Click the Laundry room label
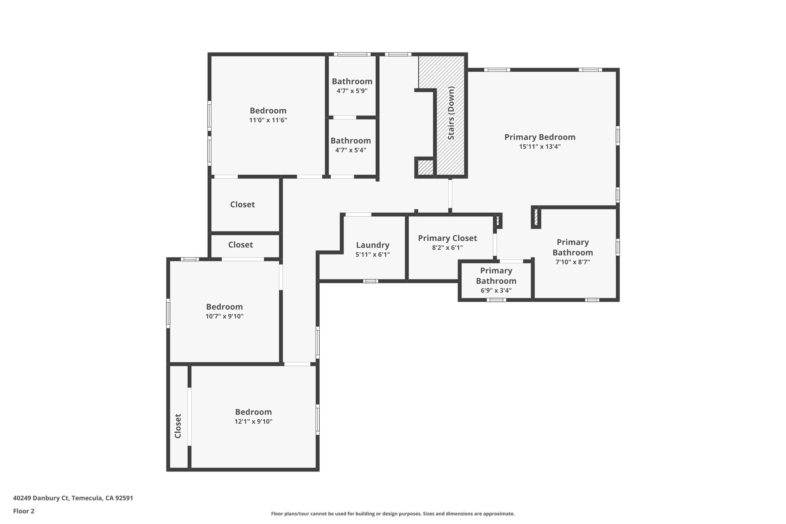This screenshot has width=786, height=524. coord(372,245)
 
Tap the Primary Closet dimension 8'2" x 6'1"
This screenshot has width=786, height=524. coord(447,248)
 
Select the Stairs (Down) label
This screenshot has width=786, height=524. coord(451,113)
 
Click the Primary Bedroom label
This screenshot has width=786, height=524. coord(540,137)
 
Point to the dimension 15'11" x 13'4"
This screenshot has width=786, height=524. coord(540,147)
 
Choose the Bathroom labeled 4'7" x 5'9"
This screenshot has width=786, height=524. coord(352,81)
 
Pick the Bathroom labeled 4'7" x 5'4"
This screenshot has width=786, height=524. coord(350,141)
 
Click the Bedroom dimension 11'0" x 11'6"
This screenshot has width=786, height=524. coord(268,120)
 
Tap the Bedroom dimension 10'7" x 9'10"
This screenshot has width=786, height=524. coord(224,316)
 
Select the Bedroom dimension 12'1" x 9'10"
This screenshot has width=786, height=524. coord(253,422)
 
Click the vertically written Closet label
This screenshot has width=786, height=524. coord(178,426)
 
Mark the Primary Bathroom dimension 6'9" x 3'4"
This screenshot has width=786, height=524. coord(496,291)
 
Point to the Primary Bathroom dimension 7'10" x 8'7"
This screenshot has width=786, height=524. coord(573,262)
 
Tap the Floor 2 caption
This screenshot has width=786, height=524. coord(24,511)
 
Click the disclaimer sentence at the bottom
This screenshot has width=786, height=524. coord(393,514)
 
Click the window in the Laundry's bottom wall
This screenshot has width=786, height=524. coord(371,281)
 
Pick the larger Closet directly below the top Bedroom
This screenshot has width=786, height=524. coord(243,205)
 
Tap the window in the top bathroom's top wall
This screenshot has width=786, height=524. coord(352,55)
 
